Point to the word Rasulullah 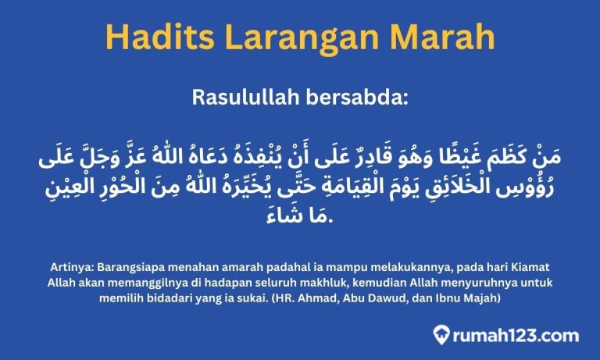248,99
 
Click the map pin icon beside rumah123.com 444,336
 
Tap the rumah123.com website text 517,336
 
